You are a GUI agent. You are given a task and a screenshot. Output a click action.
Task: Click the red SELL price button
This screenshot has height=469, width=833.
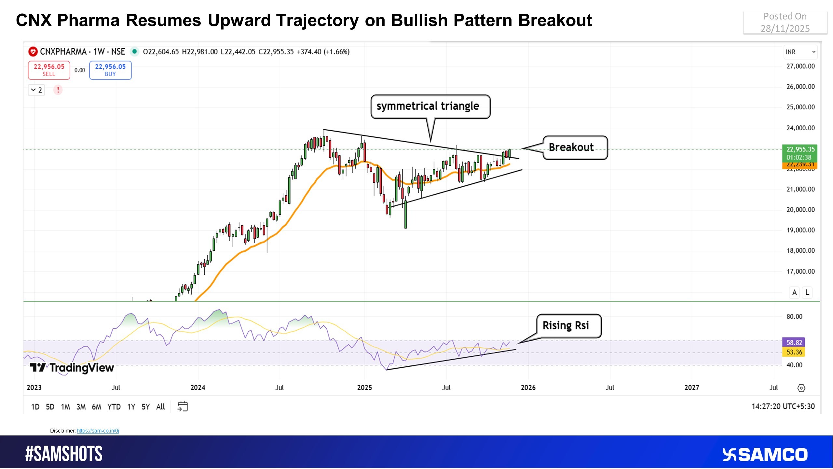coord(49,70)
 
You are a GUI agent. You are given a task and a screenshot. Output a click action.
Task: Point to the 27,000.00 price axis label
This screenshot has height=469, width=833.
coord(800,66)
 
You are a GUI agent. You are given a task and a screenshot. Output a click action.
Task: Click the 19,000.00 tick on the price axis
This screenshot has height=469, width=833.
coord(800,230)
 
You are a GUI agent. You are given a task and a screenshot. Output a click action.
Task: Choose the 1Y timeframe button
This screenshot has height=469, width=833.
coord(131,407)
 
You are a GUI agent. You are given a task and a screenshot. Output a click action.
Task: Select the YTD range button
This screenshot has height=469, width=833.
coord(114,407)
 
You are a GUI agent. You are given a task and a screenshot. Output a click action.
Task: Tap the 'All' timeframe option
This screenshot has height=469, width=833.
coord(160,407)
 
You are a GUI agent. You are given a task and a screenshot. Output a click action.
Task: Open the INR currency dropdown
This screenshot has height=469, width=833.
coord(800,52)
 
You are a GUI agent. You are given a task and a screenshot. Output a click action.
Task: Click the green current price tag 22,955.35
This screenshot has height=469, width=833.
coord(800,150)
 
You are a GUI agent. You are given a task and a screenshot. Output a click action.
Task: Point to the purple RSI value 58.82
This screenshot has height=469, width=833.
coord(794,342)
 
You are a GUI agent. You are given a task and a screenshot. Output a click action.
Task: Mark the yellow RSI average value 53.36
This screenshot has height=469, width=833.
coord(794,352)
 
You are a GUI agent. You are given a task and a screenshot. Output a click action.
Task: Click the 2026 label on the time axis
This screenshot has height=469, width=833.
coord(528,388)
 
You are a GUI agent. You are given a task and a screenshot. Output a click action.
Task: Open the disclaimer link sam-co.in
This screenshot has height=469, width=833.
coord(98,431)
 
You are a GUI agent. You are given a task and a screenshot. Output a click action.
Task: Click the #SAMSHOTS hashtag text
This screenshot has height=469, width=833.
coord(64,454)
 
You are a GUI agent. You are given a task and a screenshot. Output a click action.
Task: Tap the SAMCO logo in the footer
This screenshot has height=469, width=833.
coord(765,455)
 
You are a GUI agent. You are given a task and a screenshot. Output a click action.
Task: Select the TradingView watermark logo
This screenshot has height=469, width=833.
coord(72,368)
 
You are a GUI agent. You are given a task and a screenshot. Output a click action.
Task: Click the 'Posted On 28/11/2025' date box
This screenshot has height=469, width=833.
coord(785,22)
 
